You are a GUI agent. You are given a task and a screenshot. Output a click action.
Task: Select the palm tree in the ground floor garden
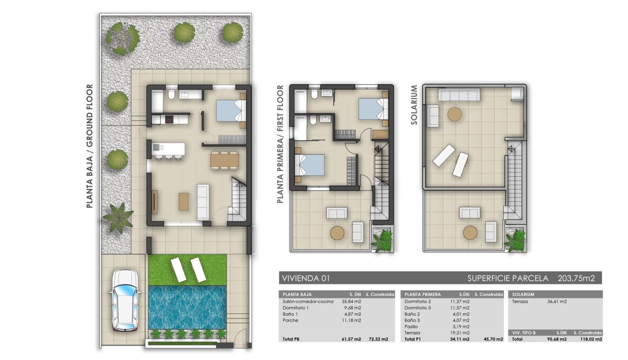click(x=118, y=217)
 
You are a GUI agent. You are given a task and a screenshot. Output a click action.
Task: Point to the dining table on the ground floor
click(x=224, y=160)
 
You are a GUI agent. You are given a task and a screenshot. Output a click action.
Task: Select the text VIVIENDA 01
click(x=306, y=278)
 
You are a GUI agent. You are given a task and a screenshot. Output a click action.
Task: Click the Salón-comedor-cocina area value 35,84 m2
click(x=351, y=301)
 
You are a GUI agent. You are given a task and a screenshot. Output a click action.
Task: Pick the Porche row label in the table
click(x=290, y=320)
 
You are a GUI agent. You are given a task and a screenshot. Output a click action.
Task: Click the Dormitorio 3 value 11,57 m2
click(x=459, y=308)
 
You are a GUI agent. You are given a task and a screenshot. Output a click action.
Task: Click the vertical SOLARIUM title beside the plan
click(x=414, y=105)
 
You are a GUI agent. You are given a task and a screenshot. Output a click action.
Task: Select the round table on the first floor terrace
click(x=337, y=232)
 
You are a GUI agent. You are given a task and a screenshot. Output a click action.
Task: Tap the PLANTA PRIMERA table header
click(x=422, y=294)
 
